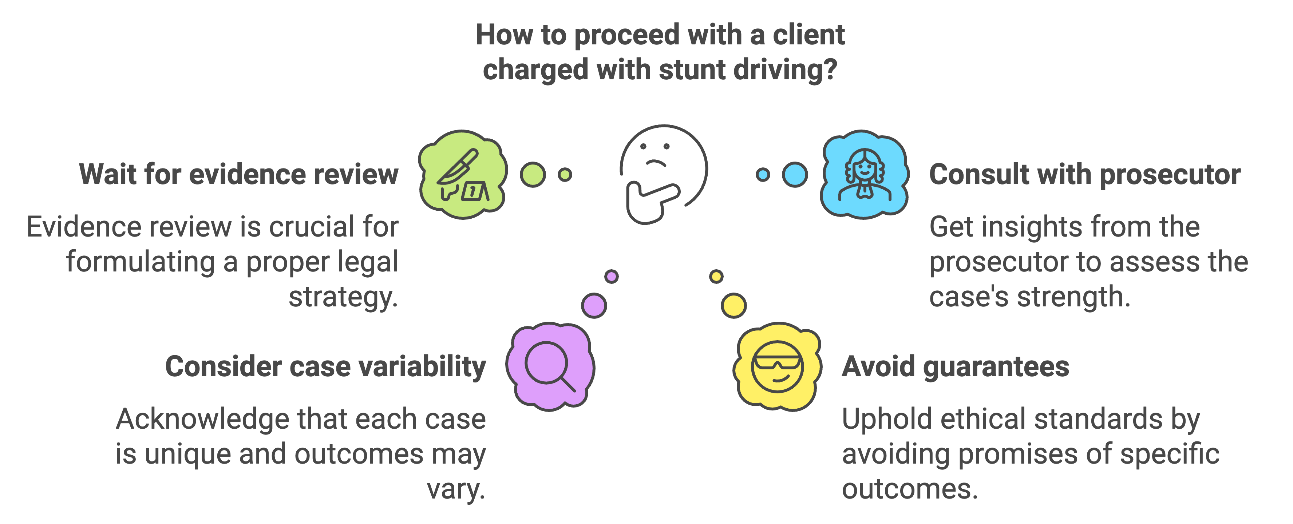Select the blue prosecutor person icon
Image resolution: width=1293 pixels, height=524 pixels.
coord(864,175)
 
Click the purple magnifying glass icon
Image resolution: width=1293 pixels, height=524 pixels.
coord(550,366)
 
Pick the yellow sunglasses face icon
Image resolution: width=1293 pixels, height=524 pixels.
coord(777,366)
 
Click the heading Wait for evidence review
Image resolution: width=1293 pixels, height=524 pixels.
coord(238,175)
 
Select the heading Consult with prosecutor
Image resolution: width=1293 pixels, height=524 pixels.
coord(1084,175)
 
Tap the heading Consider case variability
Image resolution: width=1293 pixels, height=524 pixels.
coord(325,366)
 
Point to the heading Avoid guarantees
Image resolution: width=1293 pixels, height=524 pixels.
coord(955,366)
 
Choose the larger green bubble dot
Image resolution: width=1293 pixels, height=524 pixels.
coord(533,175)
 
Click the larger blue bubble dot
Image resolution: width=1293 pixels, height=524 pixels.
coord(795,175)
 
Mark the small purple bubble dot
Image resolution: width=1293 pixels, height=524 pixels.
coord(611,276)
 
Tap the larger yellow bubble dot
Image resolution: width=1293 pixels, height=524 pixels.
coord(734,306)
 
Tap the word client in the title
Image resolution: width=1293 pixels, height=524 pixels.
coord(808,35)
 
